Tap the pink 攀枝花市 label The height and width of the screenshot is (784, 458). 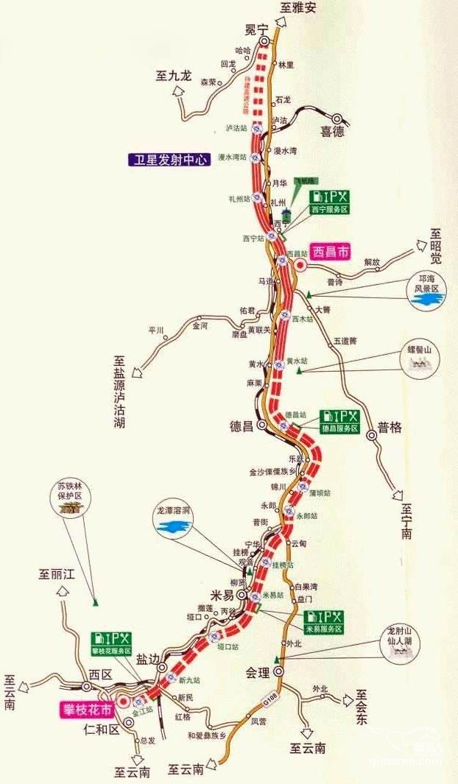87,710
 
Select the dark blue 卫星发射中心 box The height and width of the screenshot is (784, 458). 169,159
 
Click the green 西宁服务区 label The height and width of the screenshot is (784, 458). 328,209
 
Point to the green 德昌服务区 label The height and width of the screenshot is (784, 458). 339,428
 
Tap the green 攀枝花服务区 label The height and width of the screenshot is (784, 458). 111,651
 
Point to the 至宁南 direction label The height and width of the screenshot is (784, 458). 406,522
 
